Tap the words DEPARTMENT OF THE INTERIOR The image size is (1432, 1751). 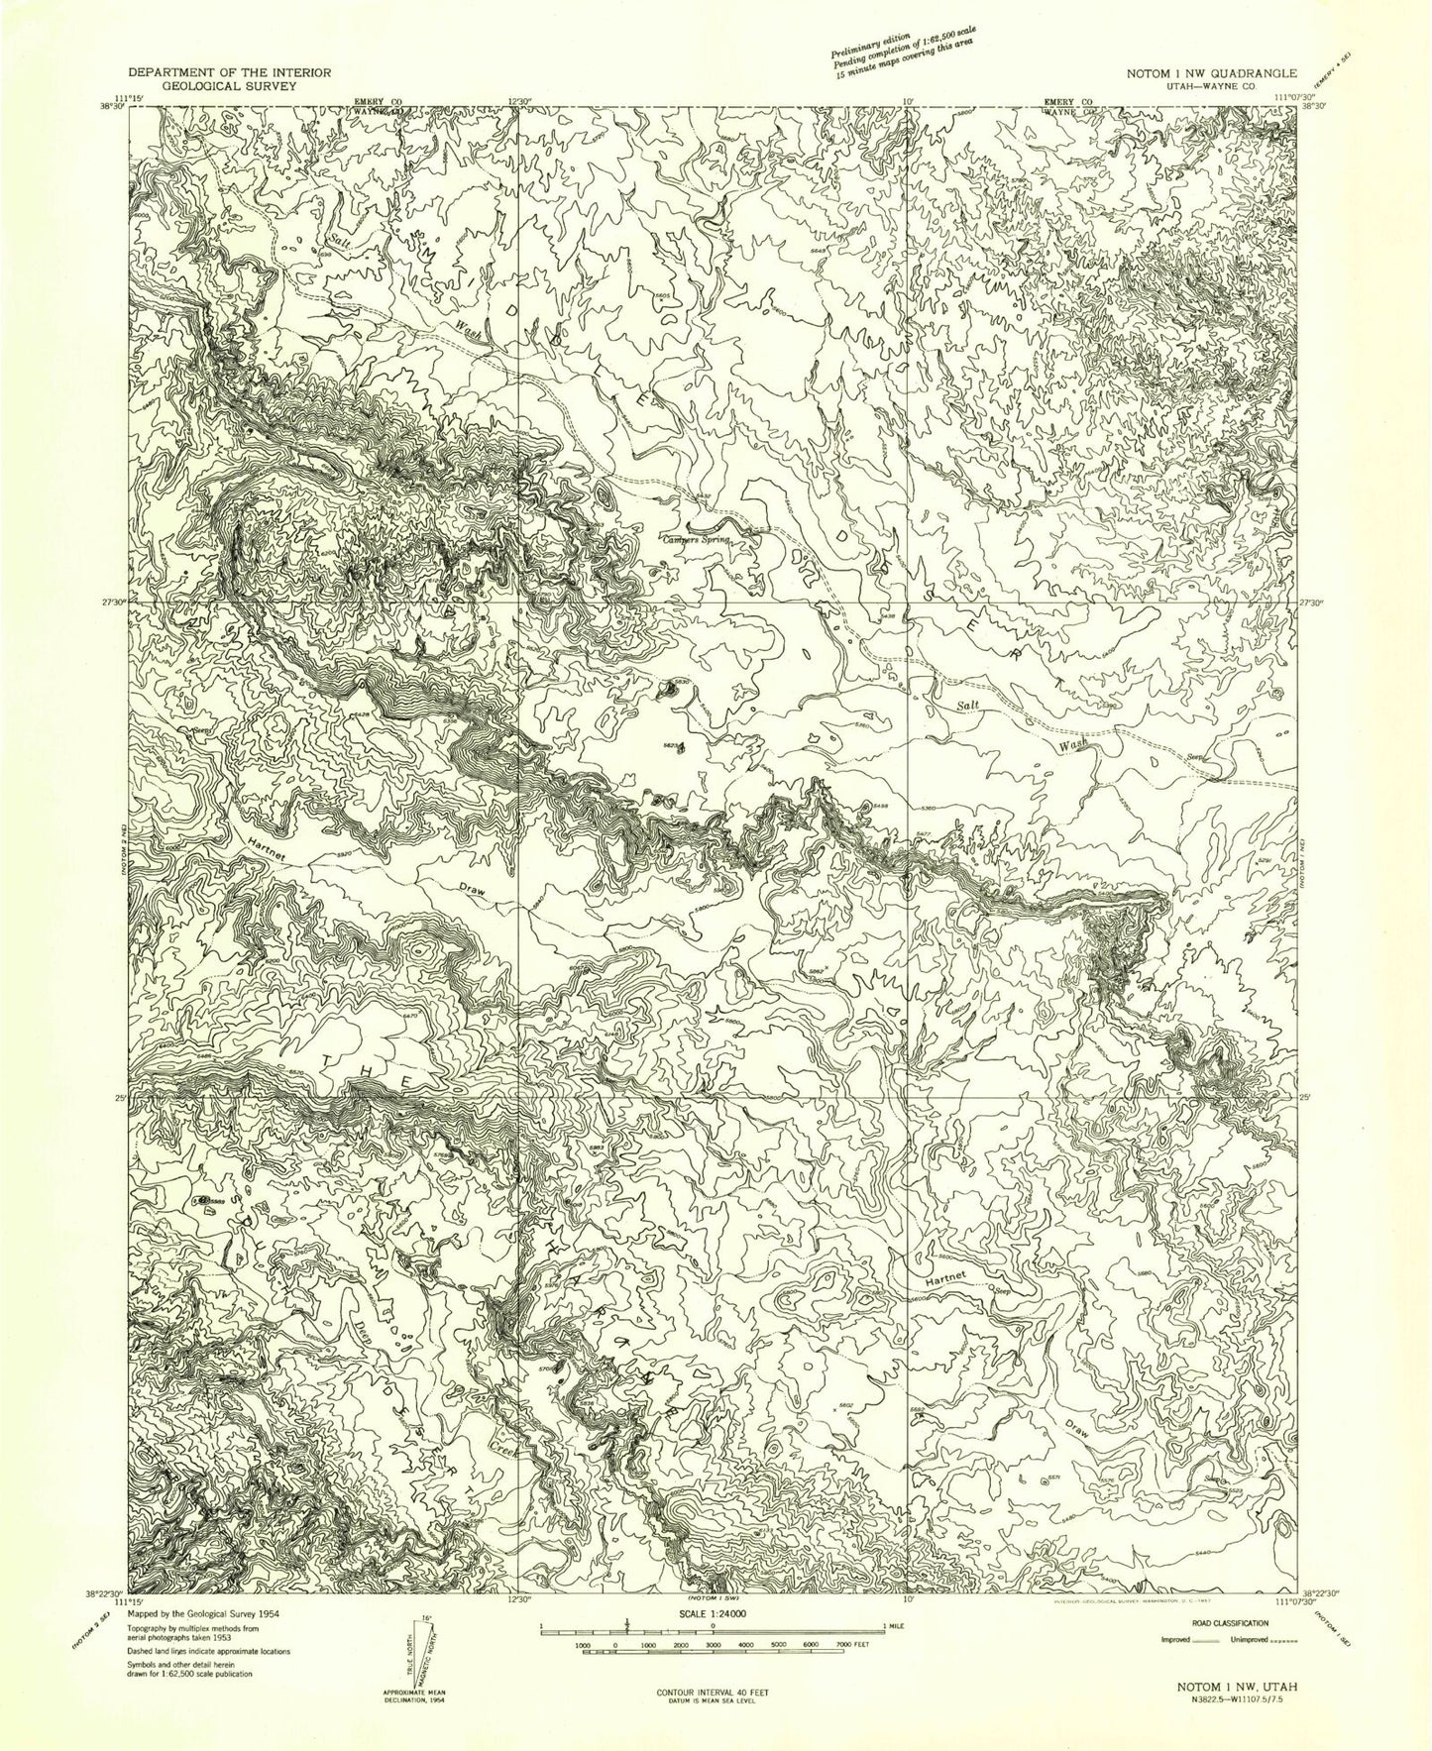pos(229,74)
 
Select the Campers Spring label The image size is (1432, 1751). pos(697,541)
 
